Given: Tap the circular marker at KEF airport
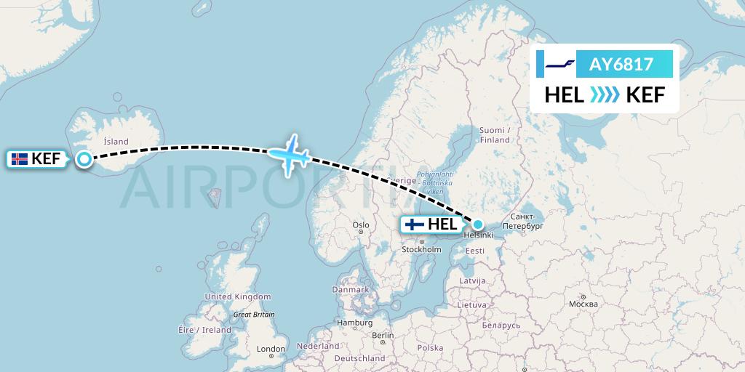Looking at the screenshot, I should (84, 159).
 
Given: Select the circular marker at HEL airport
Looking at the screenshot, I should (478, 224).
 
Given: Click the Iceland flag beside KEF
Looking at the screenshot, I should (20, 158).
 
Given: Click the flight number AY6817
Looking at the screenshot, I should (621, 65).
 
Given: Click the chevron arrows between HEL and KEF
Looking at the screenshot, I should (605, 94).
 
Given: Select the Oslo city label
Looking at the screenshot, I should (361, 225).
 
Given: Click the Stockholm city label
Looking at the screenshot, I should (421, 249).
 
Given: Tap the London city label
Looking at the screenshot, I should (271, 349).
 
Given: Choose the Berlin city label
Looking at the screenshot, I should (382, 335).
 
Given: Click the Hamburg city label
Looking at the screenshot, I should (355, 323).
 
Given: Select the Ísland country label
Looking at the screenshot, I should (116, 142).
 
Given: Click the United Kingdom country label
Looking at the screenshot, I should (237, 296).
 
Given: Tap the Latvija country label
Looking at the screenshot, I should (472, 280).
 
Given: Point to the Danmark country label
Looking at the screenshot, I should (350, 289).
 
